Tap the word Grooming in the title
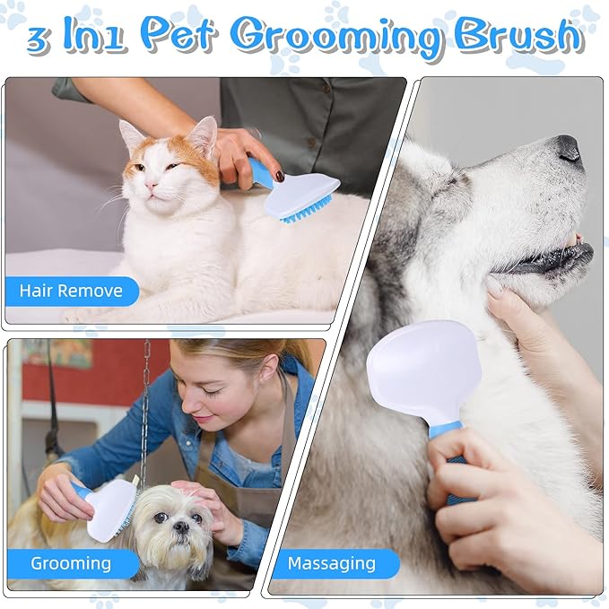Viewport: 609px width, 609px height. pyautogui.click(x=335, y=36)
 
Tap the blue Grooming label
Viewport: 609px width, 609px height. pyautogui.click(x=71, y=563)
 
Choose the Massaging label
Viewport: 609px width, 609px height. pyautogui.click(x=331, y=563)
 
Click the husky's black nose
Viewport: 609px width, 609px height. pyautogui.click(x=568, y=147)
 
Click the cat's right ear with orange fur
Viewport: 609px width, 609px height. pyautogui.click(x=203, y=135)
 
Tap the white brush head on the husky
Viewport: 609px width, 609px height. pyautogui.click(x=422, y=369)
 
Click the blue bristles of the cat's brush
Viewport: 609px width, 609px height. pyautogui.click(x=308, y=210)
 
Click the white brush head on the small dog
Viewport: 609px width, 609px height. pyautogui.click(x=109, y=508)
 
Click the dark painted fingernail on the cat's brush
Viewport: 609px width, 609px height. pyautogui.click(x=280, y=176)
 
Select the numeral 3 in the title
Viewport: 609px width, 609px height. pyautogui.click(x=38, y=39)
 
